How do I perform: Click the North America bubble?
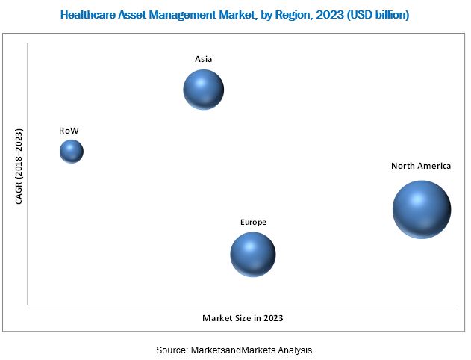(422, 210)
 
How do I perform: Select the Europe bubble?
(253, 254)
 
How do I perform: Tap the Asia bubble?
(204, 90)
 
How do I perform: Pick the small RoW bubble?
(72, 152)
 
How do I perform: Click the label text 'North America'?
(421, 167)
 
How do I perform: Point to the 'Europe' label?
(253, 222)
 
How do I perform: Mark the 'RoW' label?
(69, 131)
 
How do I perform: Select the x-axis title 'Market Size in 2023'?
(243, 318)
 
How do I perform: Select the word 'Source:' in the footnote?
(172, 350)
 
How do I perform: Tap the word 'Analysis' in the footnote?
(294, 350)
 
